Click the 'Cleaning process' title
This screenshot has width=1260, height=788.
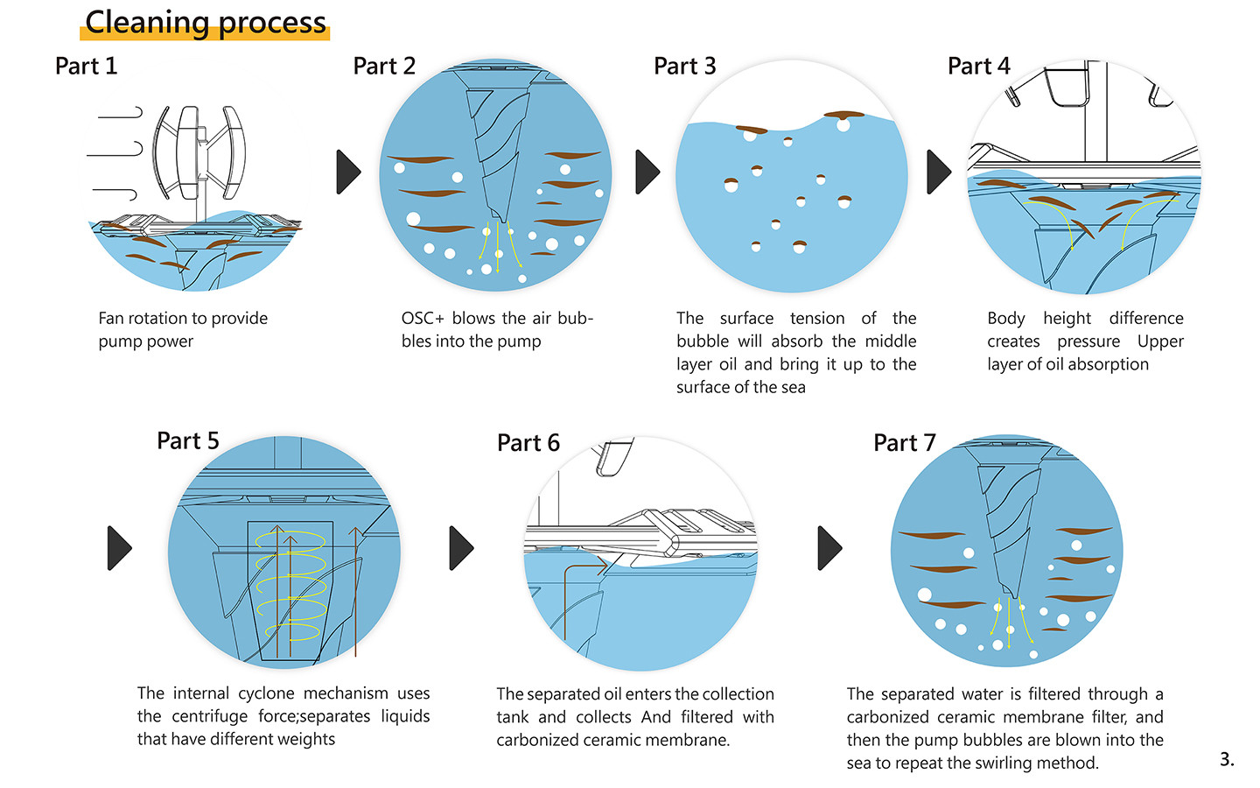206,23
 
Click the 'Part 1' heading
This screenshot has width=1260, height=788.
86,67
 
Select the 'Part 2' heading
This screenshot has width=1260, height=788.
384,67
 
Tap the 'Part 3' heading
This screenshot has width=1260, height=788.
684,67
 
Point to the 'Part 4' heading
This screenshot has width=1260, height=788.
978,67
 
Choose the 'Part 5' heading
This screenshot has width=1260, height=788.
188,441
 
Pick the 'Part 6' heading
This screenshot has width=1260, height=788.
528,443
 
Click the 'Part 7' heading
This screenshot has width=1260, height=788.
905,443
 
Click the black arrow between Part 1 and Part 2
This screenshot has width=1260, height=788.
348,172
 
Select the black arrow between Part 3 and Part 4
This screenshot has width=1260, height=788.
938,172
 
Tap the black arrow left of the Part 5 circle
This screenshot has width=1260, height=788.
119,548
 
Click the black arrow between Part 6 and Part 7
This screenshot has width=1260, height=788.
829,548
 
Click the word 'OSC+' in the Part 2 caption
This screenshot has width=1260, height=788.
423,319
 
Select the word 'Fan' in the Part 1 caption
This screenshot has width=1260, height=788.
111,319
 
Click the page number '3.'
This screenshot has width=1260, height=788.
1227,759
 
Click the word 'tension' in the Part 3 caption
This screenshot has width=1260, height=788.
817,319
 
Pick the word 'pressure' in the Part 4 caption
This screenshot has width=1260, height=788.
1088,341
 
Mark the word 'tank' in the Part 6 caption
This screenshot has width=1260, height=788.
513,717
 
